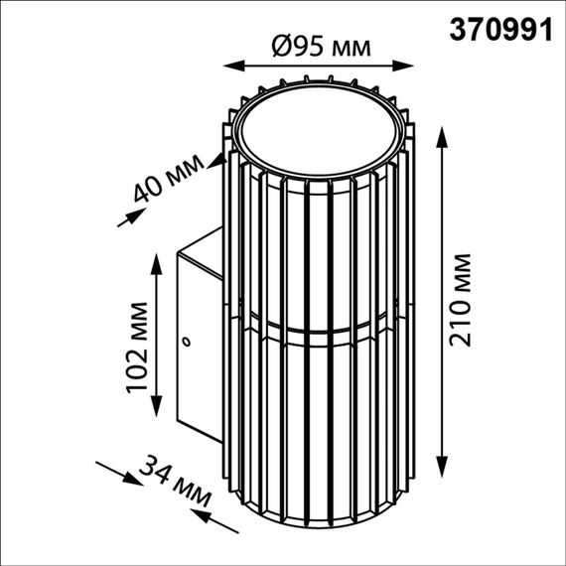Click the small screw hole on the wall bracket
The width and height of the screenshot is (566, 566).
[185, 343]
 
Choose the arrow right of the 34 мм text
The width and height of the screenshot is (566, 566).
[204, 517]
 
